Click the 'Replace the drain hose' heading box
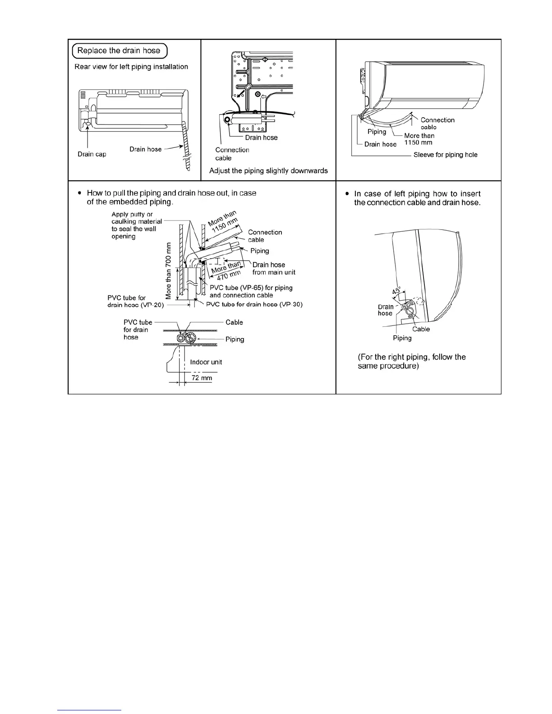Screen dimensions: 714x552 point(119,50)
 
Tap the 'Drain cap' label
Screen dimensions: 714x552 point(92,154)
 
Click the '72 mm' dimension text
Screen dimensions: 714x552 point(202,378)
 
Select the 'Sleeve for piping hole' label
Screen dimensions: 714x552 point(445,155)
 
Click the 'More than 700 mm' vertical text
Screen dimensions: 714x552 point(169,270)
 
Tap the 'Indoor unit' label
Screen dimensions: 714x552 point(206,362)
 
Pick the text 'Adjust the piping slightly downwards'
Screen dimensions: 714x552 point(268,171)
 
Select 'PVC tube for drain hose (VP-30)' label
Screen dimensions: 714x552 point(254,304)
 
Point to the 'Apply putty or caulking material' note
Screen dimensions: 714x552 point(137,225)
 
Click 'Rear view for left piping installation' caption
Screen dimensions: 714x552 point(131,67)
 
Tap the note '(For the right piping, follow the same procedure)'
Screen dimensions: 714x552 point(411,362)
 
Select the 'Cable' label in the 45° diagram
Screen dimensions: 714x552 point(421,329)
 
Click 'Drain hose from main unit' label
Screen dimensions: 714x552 point(273,268)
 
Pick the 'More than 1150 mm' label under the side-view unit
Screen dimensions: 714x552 point(419,139)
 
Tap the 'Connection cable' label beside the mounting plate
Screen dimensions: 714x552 point(232,154)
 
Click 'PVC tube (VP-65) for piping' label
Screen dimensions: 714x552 point(251,291)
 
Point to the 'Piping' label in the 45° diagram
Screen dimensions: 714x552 point(402,338)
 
